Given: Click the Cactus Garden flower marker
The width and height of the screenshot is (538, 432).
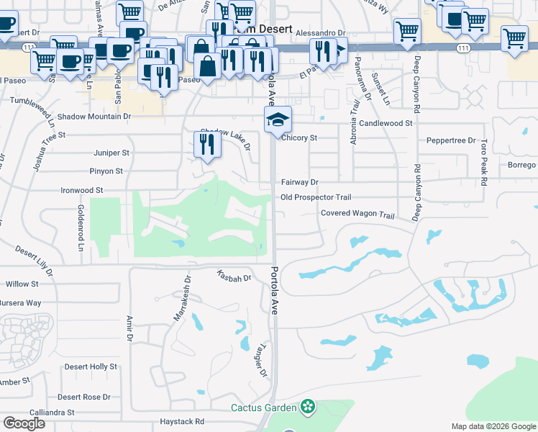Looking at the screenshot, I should point(309,408).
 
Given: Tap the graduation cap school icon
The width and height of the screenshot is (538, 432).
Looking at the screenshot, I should point(277,120).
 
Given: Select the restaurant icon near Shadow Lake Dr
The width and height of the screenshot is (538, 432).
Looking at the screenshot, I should point(207,145).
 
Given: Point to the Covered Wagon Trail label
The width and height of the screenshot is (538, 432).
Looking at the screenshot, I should point(358,214).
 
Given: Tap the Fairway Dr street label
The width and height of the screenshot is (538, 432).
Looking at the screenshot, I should point(299,182).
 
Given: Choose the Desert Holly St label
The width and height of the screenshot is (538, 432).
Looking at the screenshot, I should point(91,366).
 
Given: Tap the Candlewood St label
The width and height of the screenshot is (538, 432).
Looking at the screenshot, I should point(386,123).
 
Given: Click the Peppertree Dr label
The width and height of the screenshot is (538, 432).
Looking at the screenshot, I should point(451,140).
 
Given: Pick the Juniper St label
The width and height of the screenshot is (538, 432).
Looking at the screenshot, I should point(111,153).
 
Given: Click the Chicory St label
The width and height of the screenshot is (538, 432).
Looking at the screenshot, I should point(300,138).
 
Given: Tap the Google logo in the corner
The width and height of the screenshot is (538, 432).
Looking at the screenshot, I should point(24,423).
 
